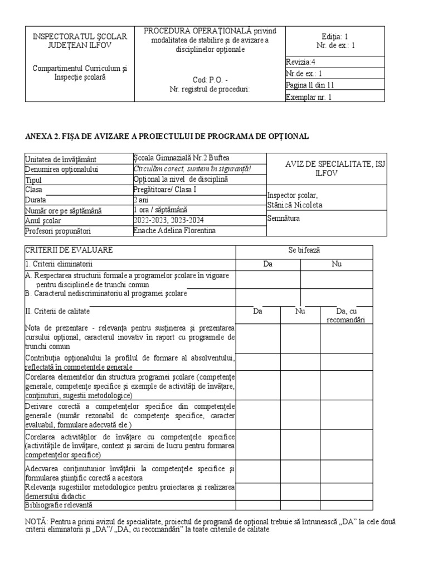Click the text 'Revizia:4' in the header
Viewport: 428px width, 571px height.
pyautogui.click(x=300, y=62)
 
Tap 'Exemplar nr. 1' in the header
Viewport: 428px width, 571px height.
pyautogui.click(x=308, y=97)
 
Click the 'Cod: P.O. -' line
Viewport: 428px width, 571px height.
pyautogui.click(x=210, y=79)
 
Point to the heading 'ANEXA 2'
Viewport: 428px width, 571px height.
pyautogui.click(x=44, y=136)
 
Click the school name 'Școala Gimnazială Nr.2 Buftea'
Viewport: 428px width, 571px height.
pyautogui.click(x=174, y=159)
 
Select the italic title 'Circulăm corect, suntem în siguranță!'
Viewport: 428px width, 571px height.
pyautogui.click(x=192, y=170)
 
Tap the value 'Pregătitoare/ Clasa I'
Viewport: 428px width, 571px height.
pyautogui.click(x=166, y=190)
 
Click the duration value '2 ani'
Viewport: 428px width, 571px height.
pyautogui.click(x=142, y=200)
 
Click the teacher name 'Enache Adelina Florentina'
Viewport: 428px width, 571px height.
pyautogui.click(x=174, y=230)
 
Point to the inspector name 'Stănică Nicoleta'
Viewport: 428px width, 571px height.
pyautogui.click(x=295, y=205)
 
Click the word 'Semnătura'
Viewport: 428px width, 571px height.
pyautogui.click(x=284, y=219)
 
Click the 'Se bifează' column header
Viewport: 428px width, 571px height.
pyautogui.click(x=304, y=251)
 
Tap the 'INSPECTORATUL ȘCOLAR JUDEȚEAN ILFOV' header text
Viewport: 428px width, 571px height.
pyautogui.click(x=80, y=41)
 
